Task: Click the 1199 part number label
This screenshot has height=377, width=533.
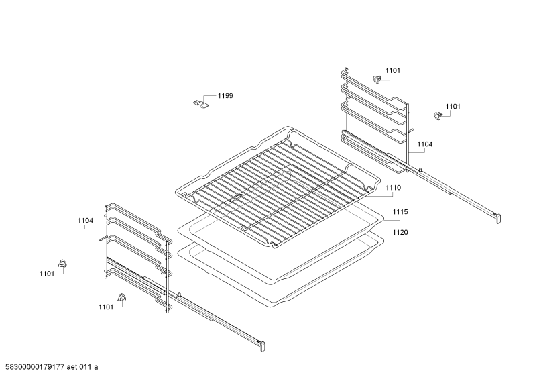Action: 225,96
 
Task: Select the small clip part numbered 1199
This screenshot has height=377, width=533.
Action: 200,104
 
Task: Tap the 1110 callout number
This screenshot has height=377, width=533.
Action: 394,188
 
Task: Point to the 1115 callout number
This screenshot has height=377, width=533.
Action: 400,212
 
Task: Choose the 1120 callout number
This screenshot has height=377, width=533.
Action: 400,232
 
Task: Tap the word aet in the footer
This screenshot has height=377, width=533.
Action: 72,367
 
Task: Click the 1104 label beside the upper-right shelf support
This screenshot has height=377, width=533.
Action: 425,144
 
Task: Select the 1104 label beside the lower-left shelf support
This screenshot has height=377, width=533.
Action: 85,221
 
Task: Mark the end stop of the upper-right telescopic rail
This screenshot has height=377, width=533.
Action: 497,218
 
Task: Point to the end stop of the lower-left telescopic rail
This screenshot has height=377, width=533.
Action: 262,345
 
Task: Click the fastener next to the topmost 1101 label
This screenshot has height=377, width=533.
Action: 377,79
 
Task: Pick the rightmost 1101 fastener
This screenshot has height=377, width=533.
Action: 438,115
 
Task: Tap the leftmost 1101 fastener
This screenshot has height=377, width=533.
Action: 62,263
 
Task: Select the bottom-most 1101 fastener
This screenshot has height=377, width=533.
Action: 121,297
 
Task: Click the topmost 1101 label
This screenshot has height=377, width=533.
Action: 393,71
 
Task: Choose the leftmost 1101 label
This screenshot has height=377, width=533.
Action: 47,274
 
